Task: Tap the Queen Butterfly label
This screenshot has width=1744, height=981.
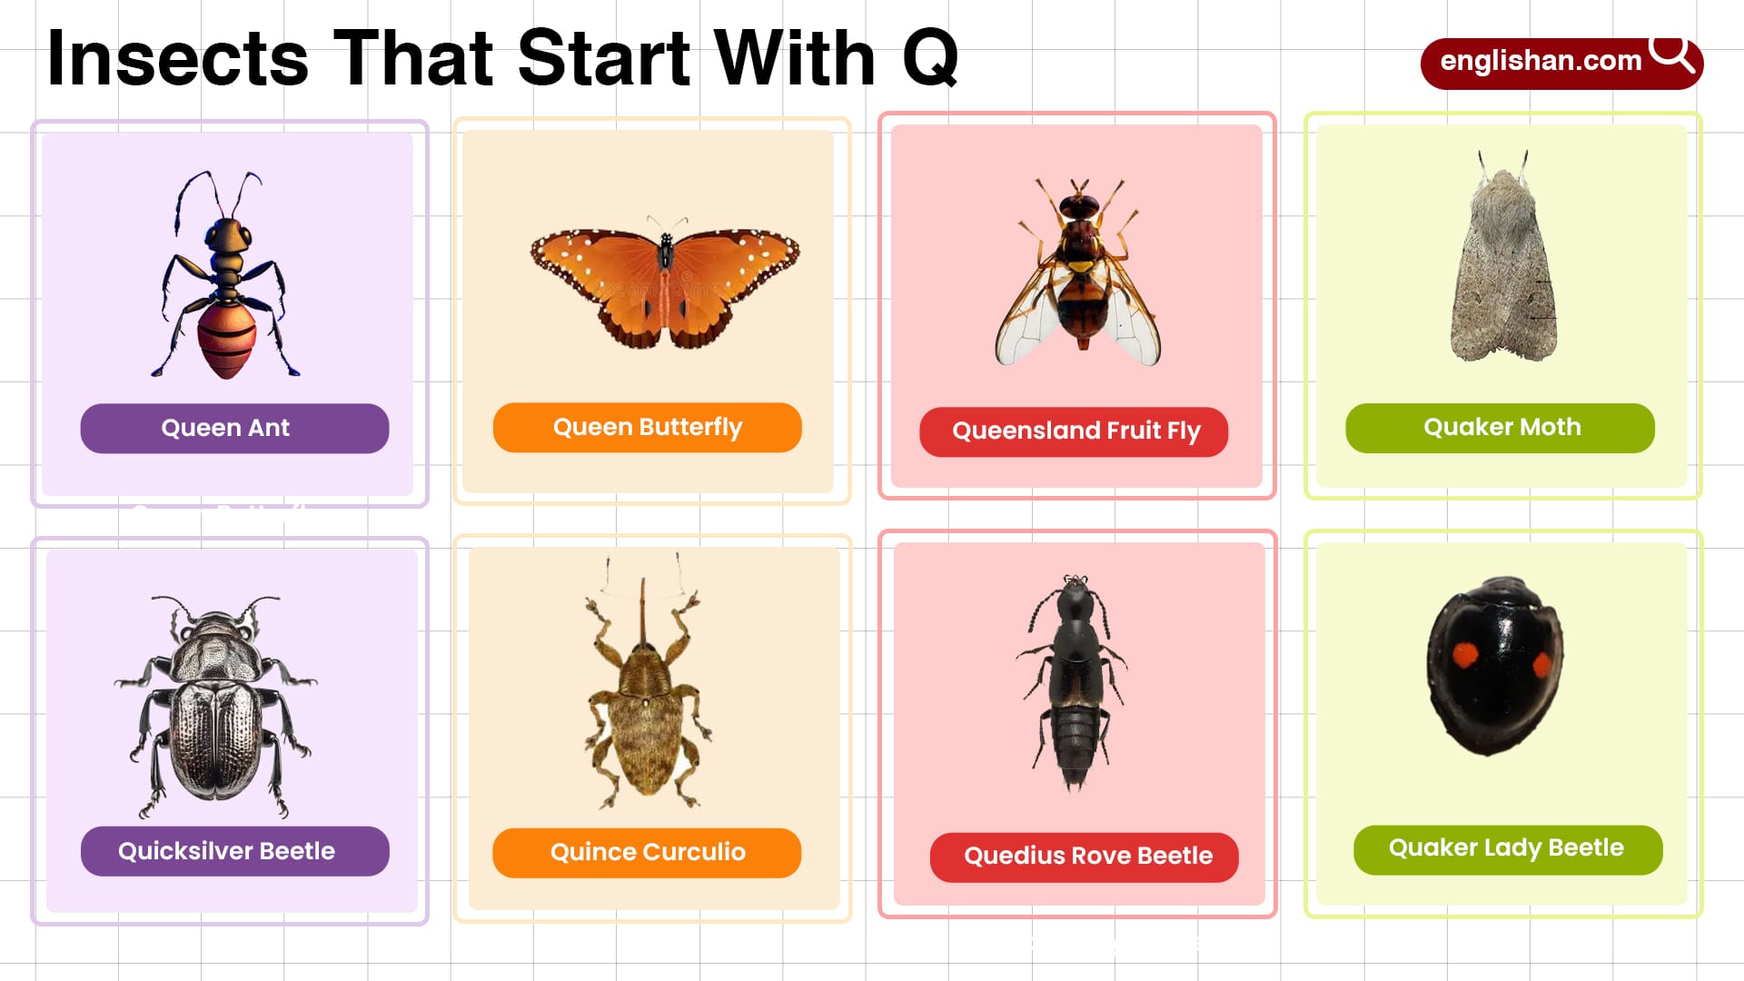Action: click(x=647, y=427)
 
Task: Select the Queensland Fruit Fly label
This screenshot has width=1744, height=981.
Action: click(x=1075, y=431)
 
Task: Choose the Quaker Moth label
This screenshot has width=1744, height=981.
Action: click(x=1500, y=427)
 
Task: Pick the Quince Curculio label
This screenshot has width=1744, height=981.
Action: click(x=647, y=852)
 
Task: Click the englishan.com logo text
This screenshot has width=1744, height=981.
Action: click(x=1541, y=61)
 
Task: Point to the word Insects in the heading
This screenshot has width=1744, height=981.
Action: click(x=178, y=58)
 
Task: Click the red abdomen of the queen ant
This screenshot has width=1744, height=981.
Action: click(x=227, y=340)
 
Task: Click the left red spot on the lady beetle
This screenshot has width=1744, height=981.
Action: click(x=1463, y=655)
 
